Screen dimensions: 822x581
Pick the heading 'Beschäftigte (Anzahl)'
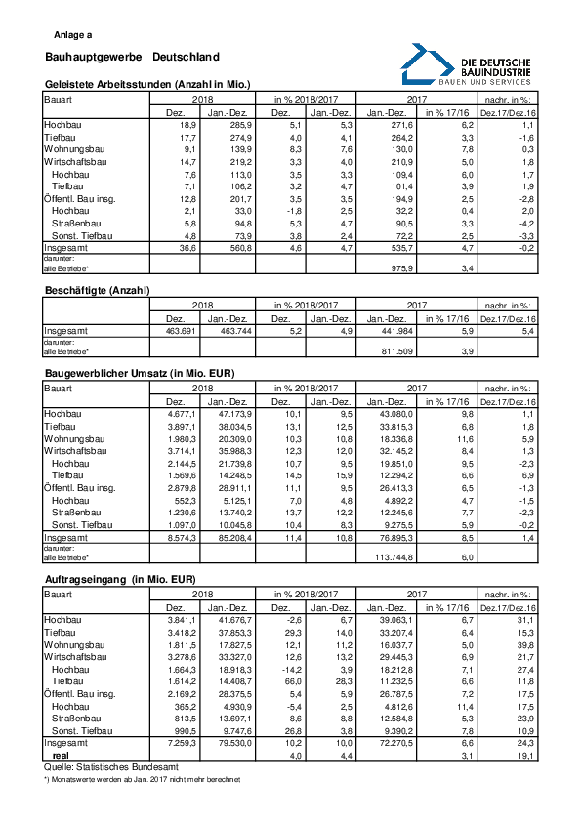[91, 291]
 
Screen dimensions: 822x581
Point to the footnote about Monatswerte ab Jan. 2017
[142, 780]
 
